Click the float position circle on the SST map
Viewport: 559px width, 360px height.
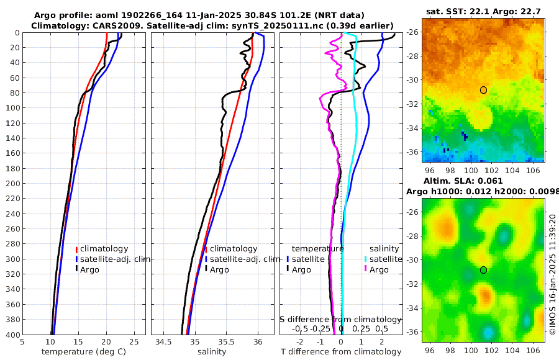click(483, 90)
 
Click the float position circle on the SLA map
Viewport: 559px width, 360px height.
click(483, 270)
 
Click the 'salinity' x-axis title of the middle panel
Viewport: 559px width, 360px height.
click(211, 352)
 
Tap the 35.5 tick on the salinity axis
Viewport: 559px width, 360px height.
click(227, 341)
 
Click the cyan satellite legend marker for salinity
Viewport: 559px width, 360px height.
click(366, 259)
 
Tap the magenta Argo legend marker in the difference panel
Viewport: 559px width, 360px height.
click(366, 269)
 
